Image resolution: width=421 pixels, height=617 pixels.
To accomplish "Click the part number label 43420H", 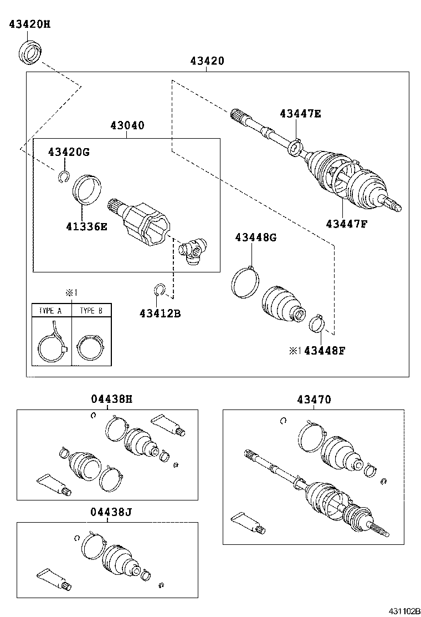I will pos(32,24).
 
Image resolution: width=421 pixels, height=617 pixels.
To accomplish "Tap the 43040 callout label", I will pos(127,126).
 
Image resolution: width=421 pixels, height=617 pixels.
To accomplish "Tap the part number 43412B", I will pos(160,314).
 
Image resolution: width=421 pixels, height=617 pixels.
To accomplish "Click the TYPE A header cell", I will pos(51,311).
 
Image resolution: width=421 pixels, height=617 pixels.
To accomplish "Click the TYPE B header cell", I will pos(91,311).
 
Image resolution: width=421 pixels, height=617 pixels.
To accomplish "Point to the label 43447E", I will pos(300,114).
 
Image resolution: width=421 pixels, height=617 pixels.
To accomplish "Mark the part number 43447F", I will pos(347,224).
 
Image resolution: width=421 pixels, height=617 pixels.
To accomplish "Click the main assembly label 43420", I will pos(207,61).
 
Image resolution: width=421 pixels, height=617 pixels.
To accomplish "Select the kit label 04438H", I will pos(111,399).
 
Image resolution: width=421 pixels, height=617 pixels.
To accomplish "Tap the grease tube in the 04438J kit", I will pos(53,578).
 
